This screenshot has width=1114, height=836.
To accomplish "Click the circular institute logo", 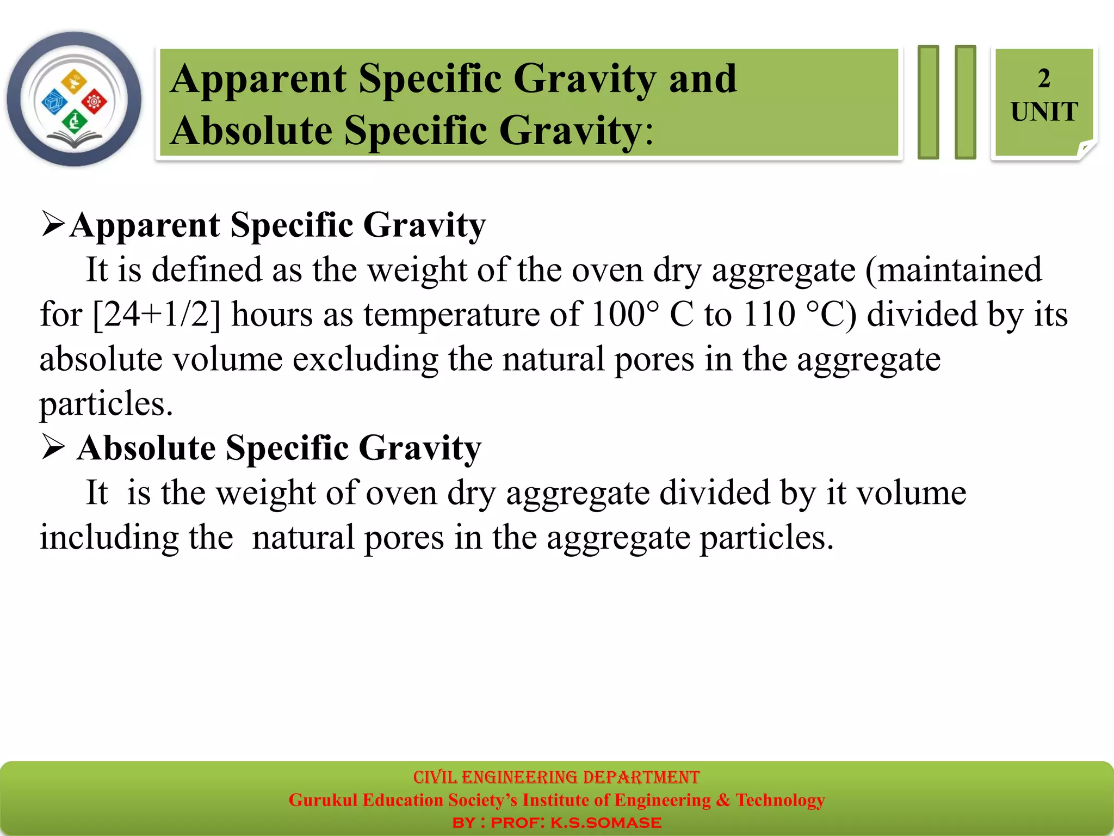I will tap(74, 99).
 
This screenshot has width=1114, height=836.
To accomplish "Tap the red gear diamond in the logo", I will tap(95, 101).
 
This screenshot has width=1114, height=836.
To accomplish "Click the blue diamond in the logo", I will tap(54, 102).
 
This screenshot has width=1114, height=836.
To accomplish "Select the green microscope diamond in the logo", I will tap(75, 121).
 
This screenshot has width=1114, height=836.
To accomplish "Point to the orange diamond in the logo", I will tap(74, 82).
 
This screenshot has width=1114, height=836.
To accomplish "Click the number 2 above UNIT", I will tap(1043, 79).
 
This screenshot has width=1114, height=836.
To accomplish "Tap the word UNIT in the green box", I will tap(1044, 112).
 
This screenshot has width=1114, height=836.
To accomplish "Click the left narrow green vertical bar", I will tap(928, 102).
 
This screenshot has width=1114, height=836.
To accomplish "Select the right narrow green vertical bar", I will tap(966, 102).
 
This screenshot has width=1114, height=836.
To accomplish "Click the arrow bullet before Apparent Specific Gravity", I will tap(53, 224).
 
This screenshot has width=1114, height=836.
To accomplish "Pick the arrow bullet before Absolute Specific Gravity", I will tap(53, 447).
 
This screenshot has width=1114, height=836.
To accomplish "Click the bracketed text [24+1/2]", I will tap(157, 315).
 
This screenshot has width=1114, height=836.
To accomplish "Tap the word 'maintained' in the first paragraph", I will tap(953, 270).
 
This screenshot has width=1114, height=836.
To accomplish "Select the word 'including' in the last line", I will tap(109, 538).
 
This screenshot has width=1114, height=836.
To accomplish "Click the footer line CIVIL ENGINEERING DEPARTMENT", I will tap(556, 777).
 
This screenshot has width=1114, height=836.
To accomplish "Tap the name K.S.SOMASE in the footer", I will tap(606, 823).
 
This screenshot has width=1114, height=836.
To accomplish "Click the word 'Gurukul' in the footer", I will tap(323, 800).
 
